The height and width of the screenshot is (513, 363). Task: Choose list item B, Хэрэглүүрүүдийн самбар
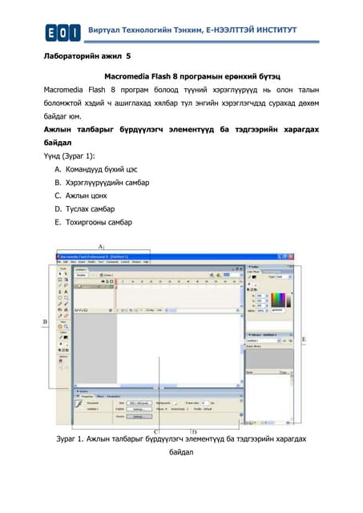coord(101,183)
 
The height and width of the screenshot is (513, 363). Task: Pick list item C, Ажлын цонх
coord(80,196)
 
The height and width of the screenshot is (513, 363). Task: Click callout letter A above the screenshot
coord(100,245)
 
